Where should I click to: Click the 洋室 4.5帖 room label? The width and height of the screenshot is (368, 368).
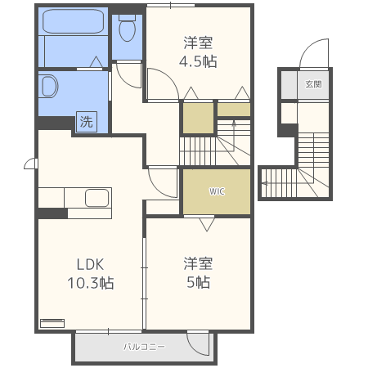[199, 52]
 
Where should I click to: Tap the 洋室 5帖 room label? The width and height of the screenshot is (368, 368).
[199, 272]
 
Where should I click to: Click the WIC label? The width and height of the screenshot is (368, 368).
[216, 192]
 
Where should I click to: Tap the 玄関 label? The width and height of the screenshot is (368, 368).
[313, 84]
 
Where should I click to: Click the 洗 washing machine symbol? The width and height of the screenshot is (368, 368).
[86, 122]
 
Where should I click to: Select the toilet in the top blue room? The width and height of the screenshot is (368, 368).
[127, 30]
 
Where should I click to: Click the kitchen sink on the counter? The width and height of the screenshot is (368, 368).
[97, 199]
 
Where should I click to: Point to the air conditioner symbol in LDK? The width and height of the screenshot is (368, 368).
[52, 322]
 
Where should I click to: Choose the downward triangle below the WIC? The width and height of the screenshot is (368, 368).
[205, 222]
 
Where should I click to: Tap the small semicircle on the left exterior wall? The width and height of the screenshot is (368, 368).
[30, 164]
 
